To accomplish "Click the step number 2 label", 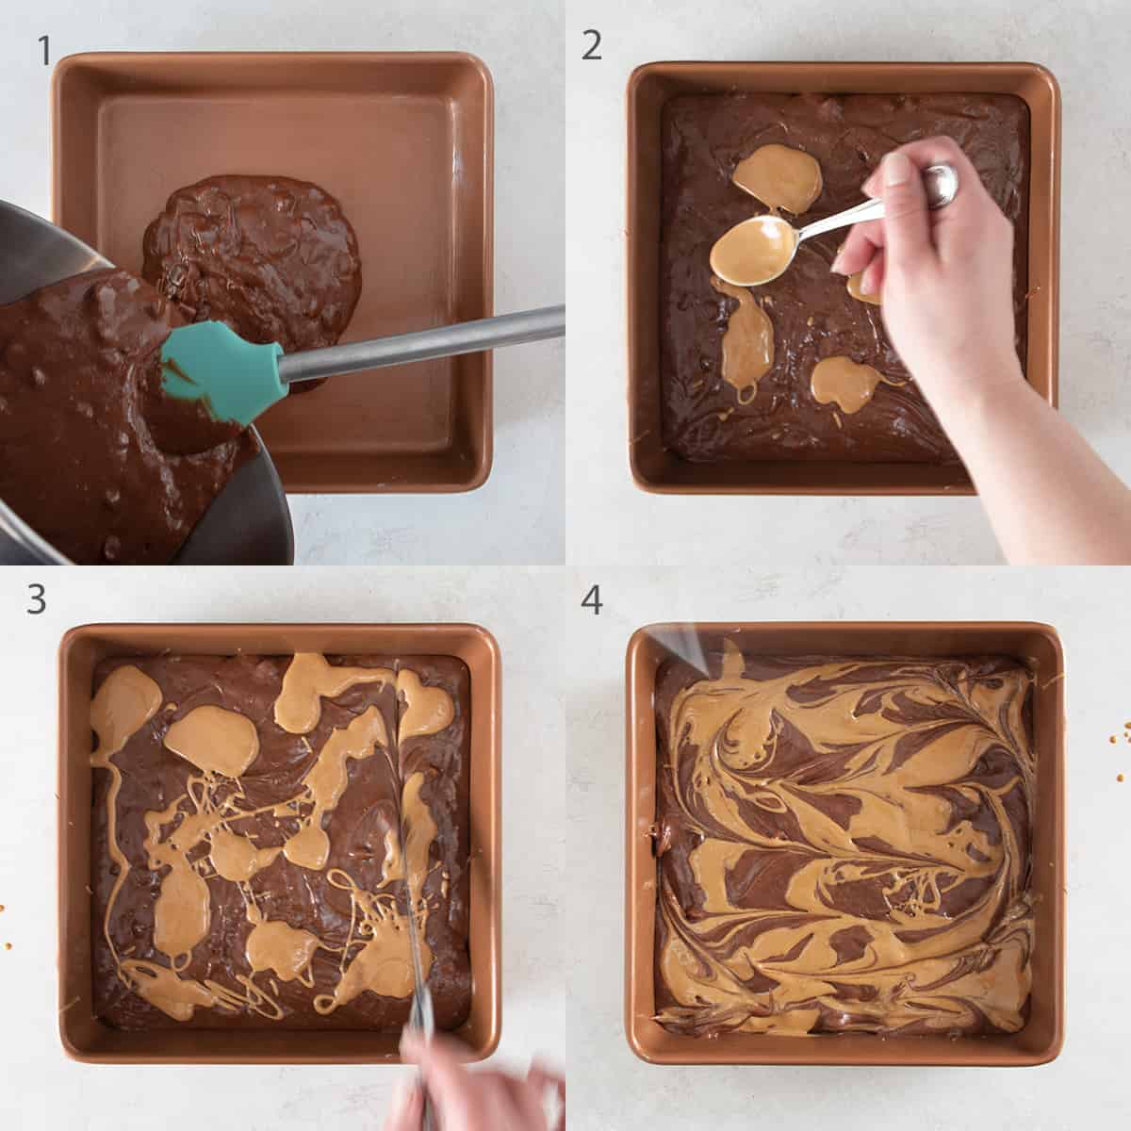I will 591,44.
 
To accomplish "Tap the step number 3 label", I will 37,599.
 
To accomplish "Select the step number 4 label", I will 591,599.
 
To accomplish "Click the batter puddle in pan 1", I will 254,245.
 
